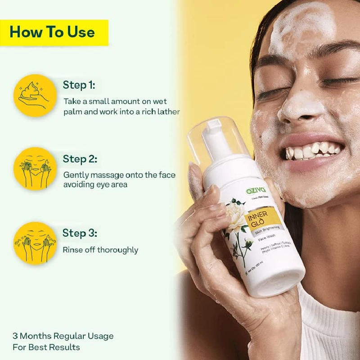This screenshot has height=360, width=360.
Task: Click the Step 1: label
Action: [x=79, y=85]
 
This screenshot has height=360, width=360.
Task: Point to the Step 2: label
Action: [x=80, y=159]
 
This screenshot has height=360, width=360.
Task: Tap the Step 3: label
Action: [x=80, y=233]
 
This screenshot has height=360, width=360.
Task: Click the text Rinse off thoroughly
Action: [x=100, y=250]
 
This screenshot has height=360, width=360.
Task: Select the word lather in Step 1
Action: [x=168, y=112]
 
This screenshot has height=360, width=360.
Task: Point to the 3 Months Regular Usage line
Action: [x=63, y=336]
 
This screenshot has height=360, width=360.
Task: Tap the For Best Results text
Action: [x=46, y=347]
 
